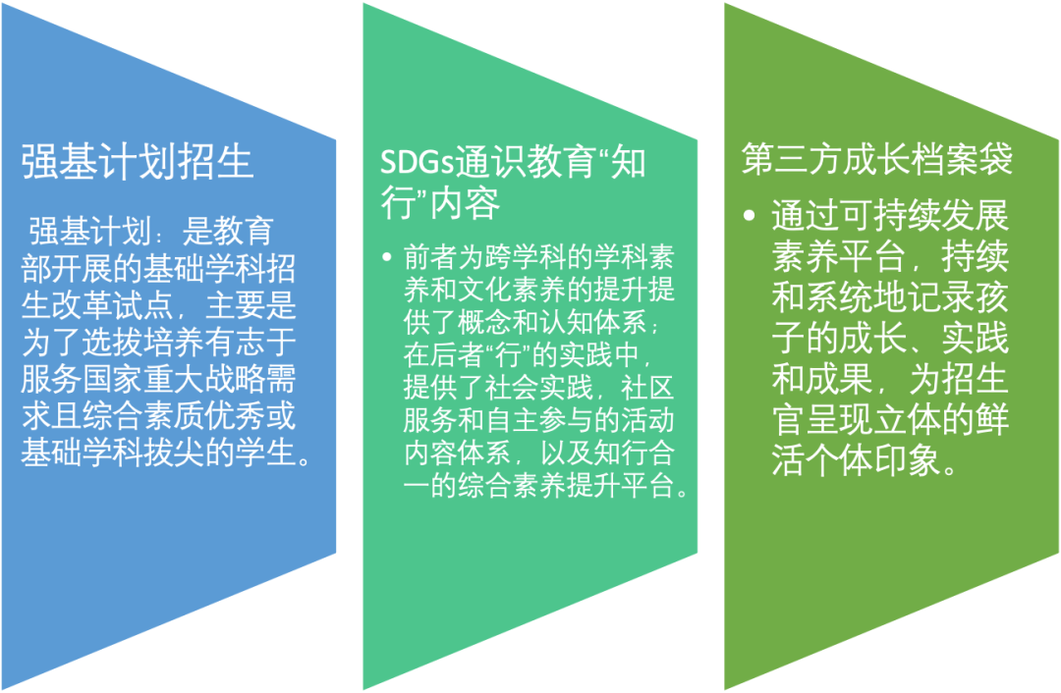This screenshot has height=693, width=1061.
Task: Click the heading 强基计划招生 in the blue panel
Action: (x=138, y=162)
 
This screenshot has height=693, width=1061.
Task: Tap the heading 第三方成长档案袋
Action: (x=877, y=159)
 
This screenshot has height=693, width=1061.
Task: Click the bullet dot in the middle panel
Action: (x=386, y=257)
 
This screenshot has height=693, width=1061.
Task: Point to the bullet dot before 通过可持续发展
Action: (x=749, y=216)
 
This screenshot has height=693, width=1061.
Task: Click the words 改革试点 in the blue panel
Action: (x=112, y=305)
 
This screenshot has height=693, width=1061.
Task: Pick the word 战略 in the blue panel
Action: (x=236, y=379)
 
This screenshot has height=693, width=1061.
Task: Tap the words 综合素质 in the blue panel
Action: (x=143, y=416)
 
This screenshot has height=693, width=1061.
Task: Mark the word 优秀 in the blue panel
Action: (x=236, y=416)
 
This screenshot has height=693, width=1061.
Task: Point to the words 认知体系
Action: (x=593, y=323)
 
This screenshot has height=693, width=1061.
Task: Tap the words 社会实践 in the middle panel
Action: (x=538, y=389)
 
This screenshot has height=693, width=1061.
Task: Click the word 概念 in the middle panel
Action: (x=484, y=323)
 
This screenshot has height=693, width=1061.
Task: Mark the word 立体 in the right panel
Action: (x=907, y=419)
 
